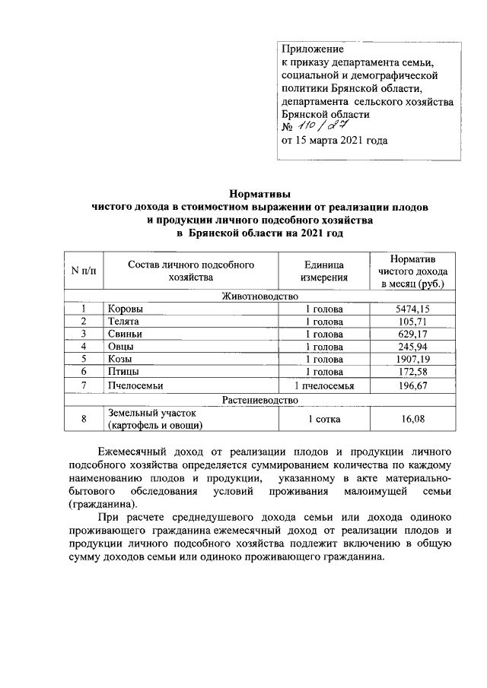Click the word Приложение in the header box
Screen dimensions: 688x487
pos(312,49)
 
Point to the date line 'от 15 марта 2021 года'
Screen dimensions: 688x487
pos(335,141)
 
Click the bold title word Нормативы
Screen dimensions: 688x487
pos(260,195)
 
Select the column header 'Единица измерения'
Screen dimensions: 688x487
pos(324,271)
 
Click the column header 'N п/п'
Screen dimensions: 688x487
pos(84,271)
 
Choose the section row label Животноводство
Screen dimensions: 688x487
pos(259,296)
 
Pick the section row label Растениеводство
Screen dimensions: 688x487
pos(259,399)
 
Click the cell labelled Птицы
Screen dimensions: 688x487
pos(123,372)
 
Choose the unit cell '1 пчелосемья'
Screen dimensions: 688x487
pos(324,385)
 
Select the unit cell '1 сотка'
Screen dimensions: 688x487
pos(324,418)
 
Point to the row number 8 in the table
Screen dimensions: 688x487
pos(84,418)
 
